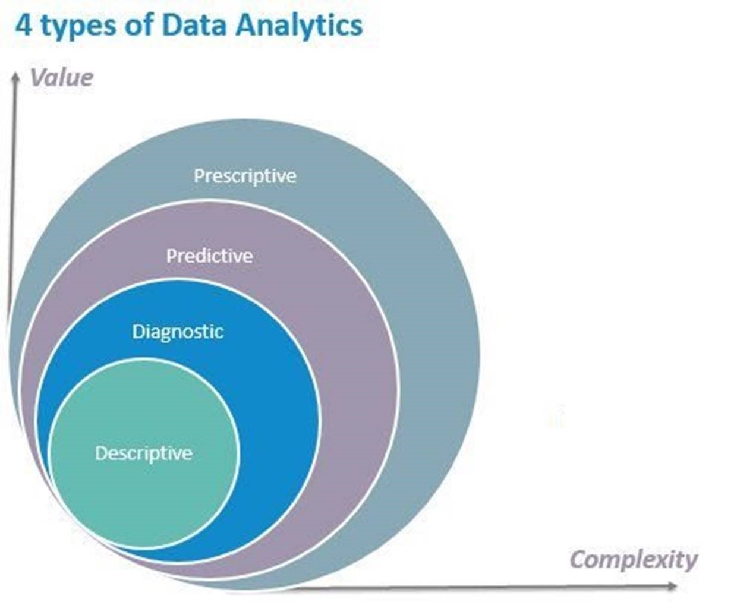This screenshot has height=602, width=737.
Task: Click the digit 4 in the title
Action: (x=23, y=26)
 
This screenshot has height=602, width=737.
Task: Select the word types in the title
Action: (x=75, y=27)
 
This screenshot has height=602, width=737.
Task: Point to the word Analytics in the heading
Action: (x=298, y=27)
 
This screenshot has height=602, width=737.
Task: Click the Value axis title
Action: (x=61, y=78)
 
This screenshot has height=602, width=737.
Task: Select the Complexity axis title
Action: (x=634, y=560)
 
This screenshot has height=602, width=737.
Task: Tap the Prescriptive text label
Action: (x=245, y=176)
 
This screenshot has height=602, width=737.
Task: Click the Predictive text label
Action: (x=209, y=256)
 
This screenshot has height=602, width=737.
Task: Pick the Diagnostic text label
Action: (x=178, y=331)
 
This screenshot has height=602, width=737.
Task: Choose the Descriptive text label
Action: (x=144, y=453)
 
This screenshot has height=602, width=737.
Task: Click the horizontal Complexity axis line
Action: (x=475, y=588)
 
